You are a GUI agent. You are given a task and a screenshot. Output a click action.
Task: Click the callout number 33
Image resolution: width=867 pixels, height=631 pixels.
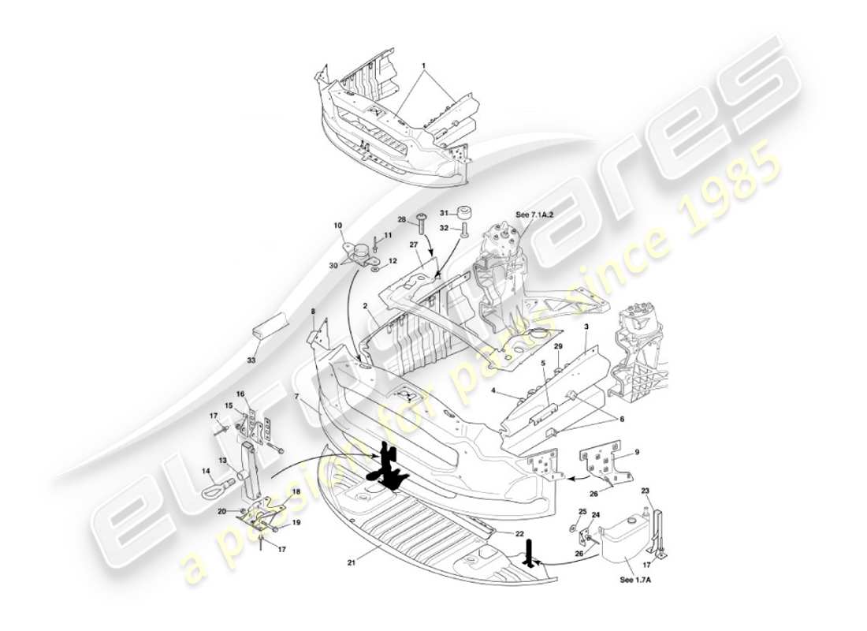click(252, 360)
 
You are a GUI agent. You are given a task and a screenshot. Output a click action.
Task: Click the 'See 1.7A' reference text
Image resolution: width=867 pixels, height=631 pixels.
click(636, 580)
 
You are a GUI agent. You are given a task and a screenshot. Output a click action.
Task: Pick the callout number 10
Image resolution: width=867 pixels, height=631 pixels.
click(338, 226)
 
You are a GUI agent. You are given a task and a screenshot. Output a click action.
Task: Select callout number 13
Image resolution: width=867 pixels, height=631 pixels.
click(222, 460)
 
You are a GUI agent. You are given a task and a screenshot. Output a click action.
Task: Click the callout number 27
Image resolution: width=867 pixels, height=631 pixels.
click(413, 245)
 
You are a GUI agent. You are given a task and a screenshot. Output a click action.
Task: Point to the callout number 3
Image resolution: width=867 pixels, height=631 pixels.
click(586, 325)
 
